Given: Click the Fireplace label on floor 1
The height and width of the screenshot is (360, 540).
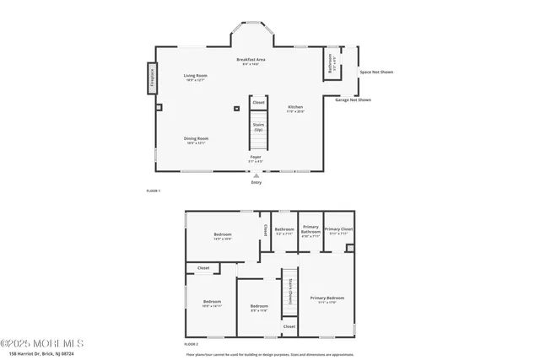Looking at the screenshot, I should coord(153,76).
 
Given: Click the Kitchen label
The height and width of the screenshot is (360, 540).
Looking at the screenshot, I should coord(295,108).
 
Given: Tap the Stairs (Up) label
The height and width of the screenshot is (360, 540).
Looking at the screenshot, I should coord(258,126).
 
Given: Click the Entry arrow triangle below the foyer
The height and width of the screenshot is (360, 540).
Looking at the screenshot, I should coord(256,175).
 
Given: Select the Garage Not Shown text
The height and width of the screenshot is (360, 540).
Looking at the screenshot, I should coord(353,99).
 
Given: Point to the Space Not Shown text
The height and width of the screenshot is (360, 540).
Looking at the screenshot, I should coord(376,73).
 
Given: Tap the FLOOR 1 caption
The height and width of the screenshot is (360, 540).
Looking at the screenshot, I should coord(153,191).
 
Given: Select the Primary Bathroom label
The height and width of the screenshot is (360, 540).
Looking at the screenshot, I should coord(310,231).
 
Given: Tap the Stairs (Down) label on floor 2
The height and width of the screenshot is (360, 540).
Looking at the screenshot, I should coord(289,290).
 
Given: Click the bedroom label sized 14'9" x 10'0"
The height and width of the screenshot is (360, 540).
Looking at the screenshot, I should coord(222,236).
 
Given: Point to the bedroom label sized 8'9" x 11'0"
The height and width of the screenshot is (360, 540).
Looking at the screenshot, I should coord(258,308).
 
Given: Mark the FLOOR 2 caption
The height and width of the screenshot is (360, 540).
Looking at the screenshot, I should coord(191,344).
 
